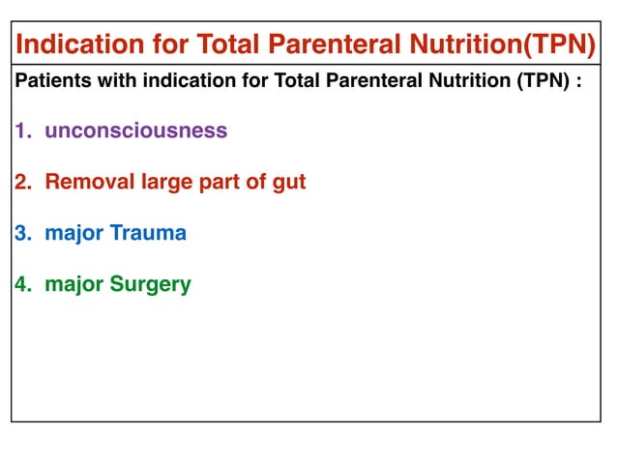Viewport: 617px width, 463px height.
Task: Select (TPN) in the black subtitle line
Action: (x=543, y=81)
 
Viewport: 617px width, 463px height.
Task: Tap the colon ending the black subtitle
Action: (x=579, y=82)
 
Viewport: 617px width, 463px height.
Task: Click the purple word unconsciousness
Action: (x=135, y=130)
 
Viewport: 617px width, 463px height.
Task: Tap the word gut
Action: (x=287, y=183)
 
